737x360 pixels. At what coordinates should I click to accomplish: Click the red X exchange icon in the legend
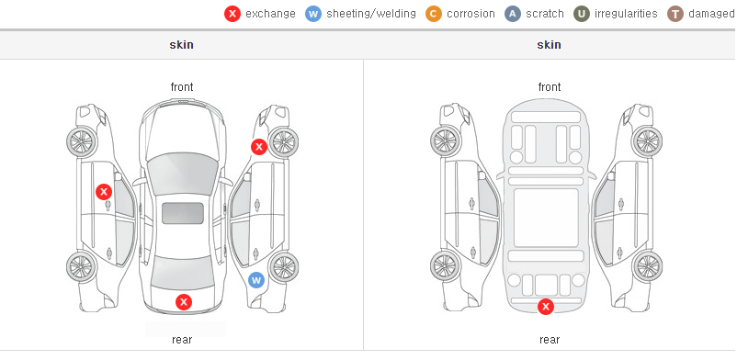(x=232, y=14)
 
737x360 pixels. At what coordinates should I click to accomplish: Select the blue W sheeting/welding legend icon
(x=313, y=14)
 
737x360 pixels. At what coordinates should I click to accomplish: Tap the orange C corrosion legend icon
(x=434, y=14)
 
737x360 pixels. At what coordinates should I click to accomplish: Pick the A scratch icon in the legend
(x=513, y=14)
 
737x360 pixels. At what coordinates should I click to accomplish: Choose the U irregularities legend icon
(x=582, y=14)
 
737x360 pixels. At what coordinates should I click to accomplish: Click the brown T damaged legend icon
(x=675, y=14)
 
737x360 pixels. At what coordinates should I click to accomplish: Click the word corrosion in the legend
(x=471, y=14)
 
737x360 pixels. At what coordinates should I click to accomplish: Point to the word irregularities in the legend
(x=626, y=14)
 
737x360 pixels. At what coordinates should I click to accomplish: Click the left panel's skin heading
(x=181, y=45)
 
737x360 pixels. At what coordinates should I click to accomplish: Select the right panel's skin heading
(x=549, y=45)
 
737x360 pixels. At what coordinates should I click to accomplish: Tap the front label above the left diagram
(x=181, y=87)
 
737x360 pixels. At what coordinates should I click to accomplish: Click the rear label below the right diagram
(x=549, y=339)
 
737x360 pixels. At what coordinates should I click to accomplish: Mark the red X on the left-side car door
(x=104, y=192)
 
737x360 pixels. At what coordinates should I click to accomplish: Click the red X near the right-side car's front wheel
(x=258, y=147)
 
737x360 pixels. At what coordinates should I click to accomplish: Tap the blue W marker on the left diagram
(x=256, y=281)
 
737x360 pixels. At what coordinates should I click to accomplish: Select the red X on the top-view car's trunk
(x=184, y=302)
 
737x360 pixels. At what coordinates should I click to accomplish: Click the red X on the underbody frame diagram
(x=546, y=307)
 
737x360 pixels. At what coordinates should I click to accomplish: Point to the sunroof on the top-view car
(x=183, y=213)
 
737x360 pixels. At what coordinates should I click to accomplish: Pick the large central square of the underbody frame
(x=546, y=218)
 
